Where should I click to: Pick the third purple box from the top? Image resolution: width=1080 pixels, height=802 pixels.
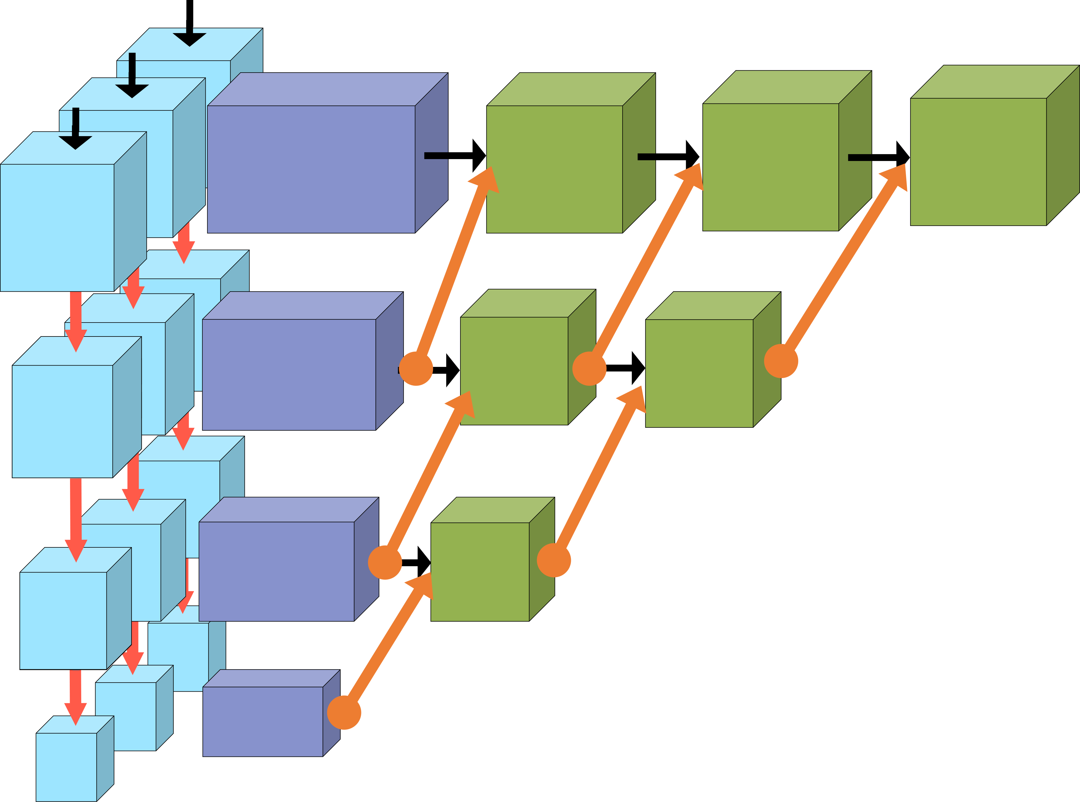[276, 571]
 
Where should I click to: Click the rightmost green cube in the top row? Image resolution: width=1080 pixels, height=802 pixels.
[978, 162]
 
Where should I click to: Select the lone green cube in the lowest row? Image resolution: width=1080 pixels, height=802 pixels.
[480, 571]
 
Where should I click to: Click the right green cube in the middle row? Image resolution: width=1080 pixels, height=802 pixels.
[699, 373]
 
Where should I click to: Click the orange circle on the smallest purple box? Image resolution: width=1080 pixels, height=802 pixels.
[344, 712]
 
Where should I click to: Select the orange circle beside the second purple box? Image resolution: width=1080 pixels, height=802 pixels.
[416, 369]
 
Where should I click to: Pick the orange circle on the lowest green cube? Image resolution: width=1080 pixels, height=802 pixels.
[554, 560]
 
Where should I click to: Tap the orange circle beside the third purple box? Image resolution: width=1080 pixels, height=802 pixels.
[385, 562]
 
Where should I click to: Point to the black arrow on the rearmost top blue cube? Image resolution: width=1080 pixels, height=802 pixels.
[190, 36]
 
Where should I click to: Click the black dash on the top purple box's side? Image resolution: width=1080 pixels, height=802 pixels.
[436, 155]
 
